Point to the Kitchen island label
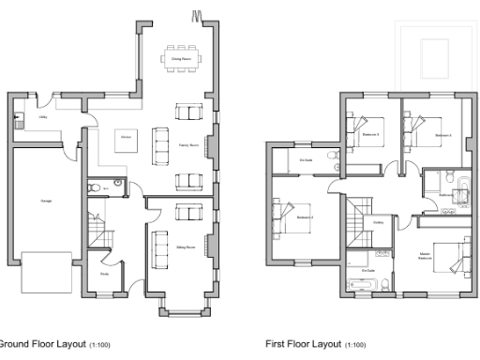point(124,137)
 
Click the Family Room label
point(187,144)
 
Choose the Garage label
point(45,201)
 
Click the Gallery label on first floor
point(379,222)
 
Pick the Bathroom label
point(446,195)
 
